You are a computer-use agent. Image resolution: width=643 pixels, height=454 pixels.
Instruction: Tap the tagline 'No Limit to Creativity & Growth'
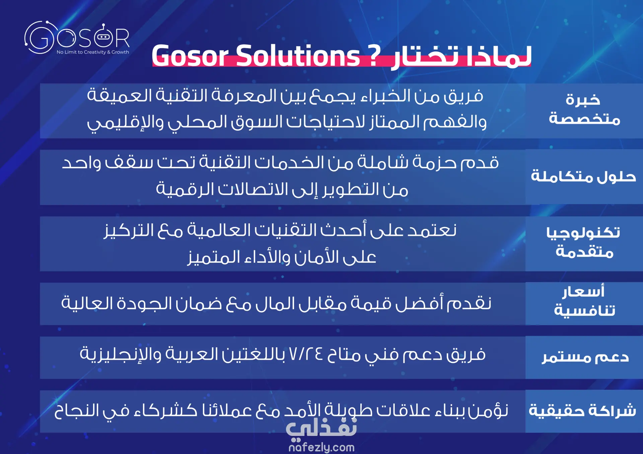coord(93,52)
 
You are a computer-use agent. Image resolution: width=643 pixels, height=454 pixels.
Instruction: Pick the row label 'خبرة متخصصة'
coord(584,109)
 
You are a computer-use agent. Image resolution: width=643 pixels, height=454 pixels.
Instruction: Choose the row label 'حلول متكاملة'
coord(583,176)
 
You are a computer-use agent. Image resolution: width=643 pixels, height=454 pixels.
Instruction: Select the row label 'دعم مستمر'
coord(585,357)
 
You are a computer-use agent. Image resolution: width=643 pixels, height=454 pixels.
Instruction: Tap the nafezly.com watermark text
coord(321,447)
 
